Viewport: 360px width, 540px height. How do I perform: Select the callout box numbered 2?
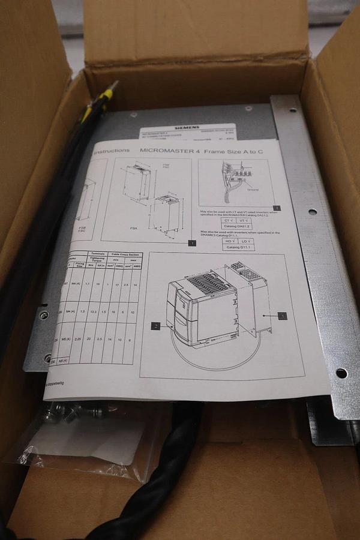coord(155,326)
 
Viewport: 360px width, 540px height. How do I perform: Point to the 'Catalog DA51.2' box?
coord(237,226)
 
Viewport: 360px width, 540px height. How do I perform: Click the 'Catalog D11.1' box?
coord(238,247)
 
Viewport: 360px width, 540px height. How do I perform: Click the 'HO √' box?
coord(228,241)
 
